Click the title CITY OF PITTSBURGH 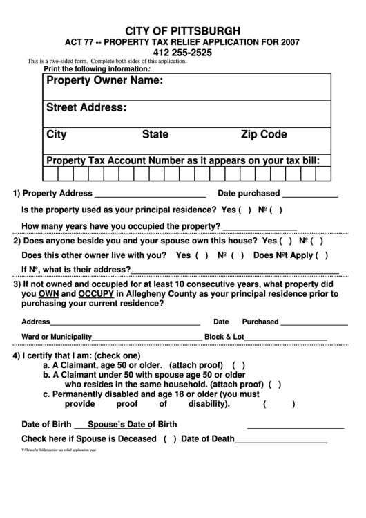(x=182, y=30)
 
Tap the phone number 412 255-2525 (x=182, y=52)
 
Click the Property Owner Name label (x=104, y=82)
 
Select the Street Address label (x=86, y=107)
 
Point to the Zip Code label (x=264, y=135)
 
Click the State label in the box (x=155, y=135)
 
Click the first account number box (x=52, y=172)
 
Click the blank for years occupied (x=260, y=227)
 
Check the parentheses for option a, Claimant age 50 (x=239, y=364)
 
